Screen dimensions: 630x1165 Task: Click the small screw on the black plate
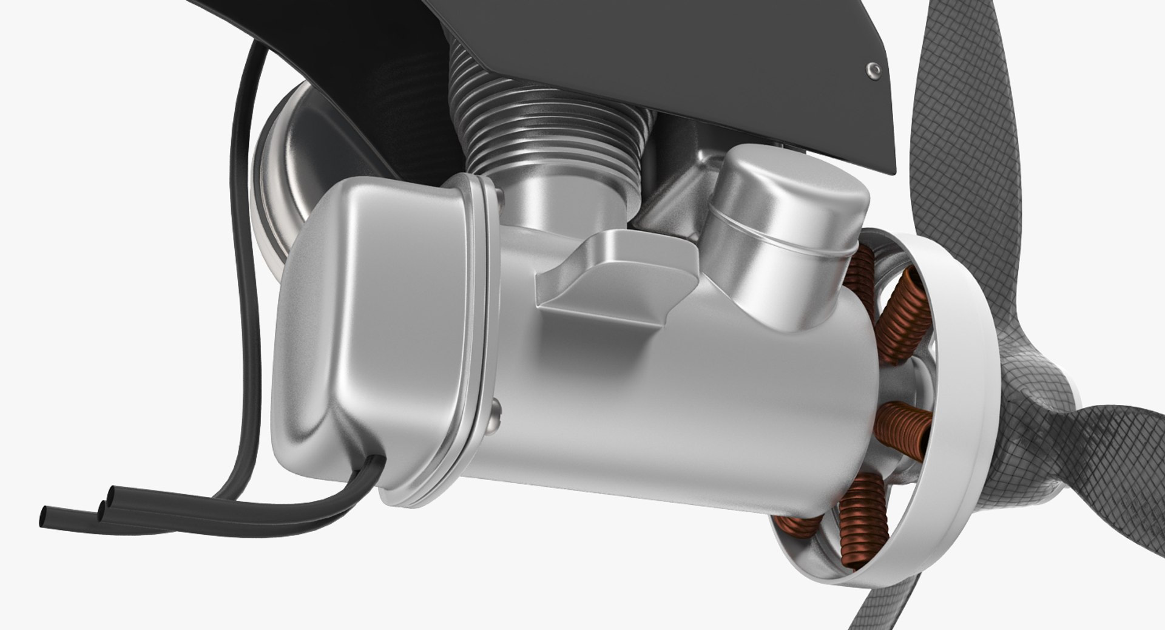point(874,70)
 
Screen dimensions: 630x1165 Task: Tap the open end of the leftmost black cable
point(44,517)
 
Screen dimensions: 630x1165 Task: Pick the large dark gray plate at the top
point(667,55)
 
